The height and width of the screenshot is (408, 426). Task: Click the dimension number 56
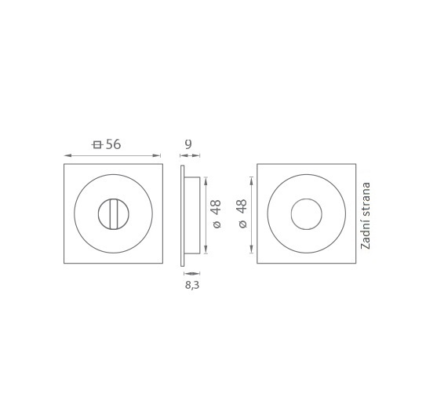113,144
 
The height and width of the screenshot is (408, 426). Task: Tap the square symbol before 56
97,144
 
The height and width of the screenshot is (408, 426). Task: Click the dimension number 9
188,144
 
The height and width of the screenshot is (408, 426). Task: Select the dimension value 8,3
192,285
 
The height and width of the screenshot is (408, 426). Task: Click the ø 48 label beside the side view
217,213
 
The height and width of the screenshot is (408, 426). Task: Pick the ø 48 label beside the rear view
242,213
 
